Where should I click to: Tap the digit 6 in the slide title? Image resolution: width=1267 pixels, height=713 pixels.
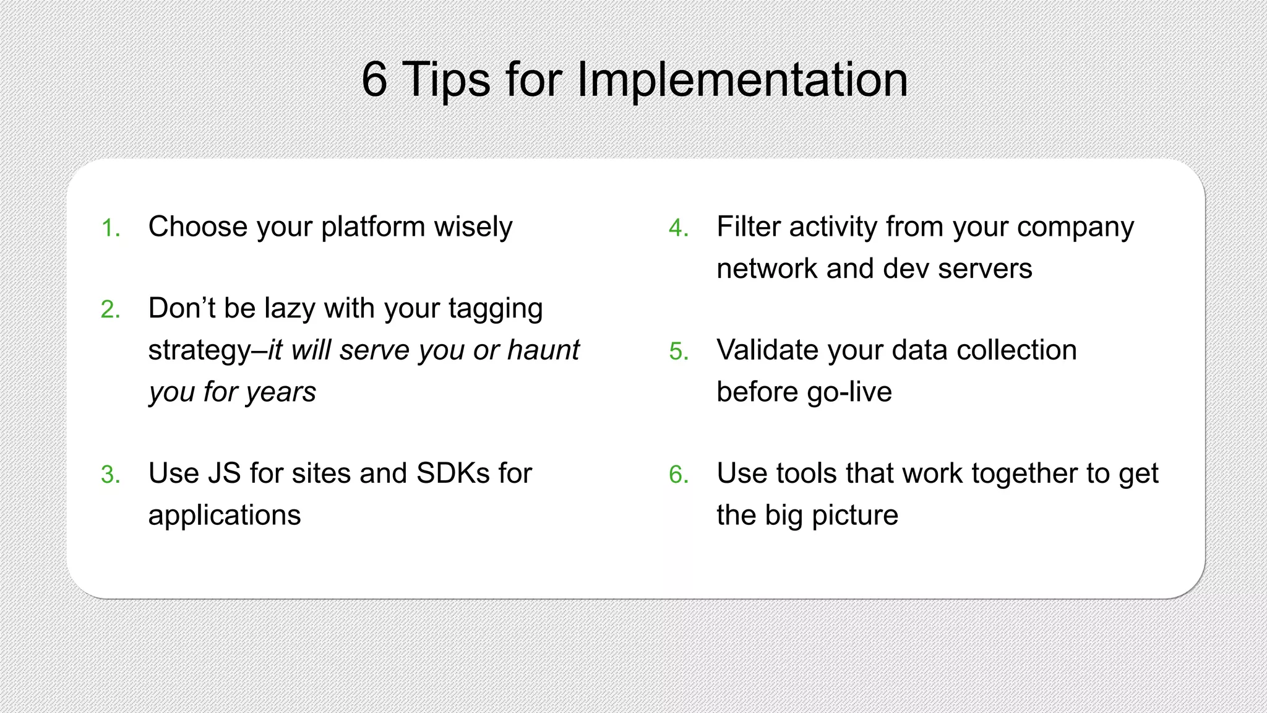tap(374, 80)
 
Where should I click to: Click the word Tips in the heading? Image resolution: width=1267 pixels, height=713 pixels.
tap(446, 80)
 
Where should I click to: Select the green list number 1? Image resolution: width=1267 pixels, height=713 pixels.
tap(110, 228)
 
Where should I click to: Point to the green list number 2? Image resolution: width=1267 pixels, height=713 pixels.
tap(110, 309)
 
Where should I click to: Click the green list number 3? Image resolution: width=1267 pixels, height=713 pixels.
tap(110, 475)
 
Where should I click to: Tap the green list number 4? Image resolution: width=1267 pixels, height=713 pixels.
tap(678, 228)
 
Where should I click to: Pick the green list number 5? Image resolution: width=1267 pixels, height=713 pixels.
tap(678, 352)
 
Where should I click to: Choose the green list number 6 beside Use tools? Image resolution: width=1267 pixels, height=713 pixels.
tap(678, 475)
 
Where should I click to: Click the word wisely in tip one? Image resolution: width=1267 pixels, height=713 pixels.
tap(473, 227)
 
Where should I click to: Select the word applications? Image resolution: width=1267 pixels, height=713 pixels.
tap(224, 516)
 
